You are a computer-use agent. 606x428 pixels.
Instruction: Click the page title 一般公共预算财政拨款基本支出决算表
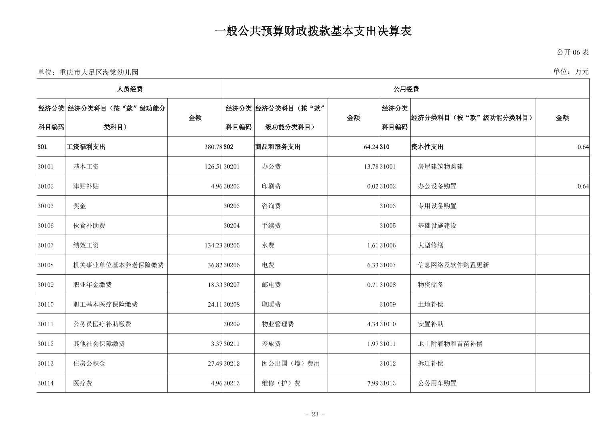click(x=313, y=31)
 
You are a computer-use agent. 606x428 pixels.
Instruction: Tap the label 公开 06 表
click(x=572, y=52)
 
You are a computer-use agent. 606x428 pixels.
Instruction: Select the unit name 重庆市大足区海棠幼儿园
click(x=98, y=72)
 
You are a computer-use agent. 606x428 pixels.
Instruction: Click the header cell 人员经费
click(x=130, y=89)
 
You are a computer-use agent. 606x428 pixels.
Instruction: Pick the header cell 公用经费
click(x=406, y=89)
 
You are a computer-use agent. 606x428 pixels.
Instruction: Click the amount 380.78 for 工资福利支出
click(x=213, y=147)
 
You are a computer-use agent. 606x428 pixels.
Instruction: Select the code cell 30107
click(x=46, y=245)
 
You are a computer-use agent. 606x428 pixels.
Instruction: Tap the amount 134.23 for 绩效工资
click(x=213, y=245)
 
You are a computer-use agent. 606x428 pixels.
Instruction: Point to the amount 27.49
click(x=214, y=364)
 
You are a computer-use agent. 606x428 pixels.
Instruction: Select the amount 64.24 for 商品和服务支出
click(x=371, y=147)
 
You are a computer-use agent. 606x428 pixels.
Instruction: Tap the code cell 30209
click(x=232, y=324)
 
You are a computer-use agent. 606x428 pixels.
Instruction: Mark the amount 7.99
click(x=372, y=383)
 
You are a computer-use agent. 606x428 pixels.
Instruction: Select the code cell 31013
click(x=388, y=383)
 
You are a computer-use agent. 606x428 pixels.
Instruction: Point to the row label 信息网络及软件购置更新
click(x=453, y=265)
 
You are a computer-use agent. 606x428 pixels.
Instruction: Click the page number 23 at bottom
click(x=315, y=414)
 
